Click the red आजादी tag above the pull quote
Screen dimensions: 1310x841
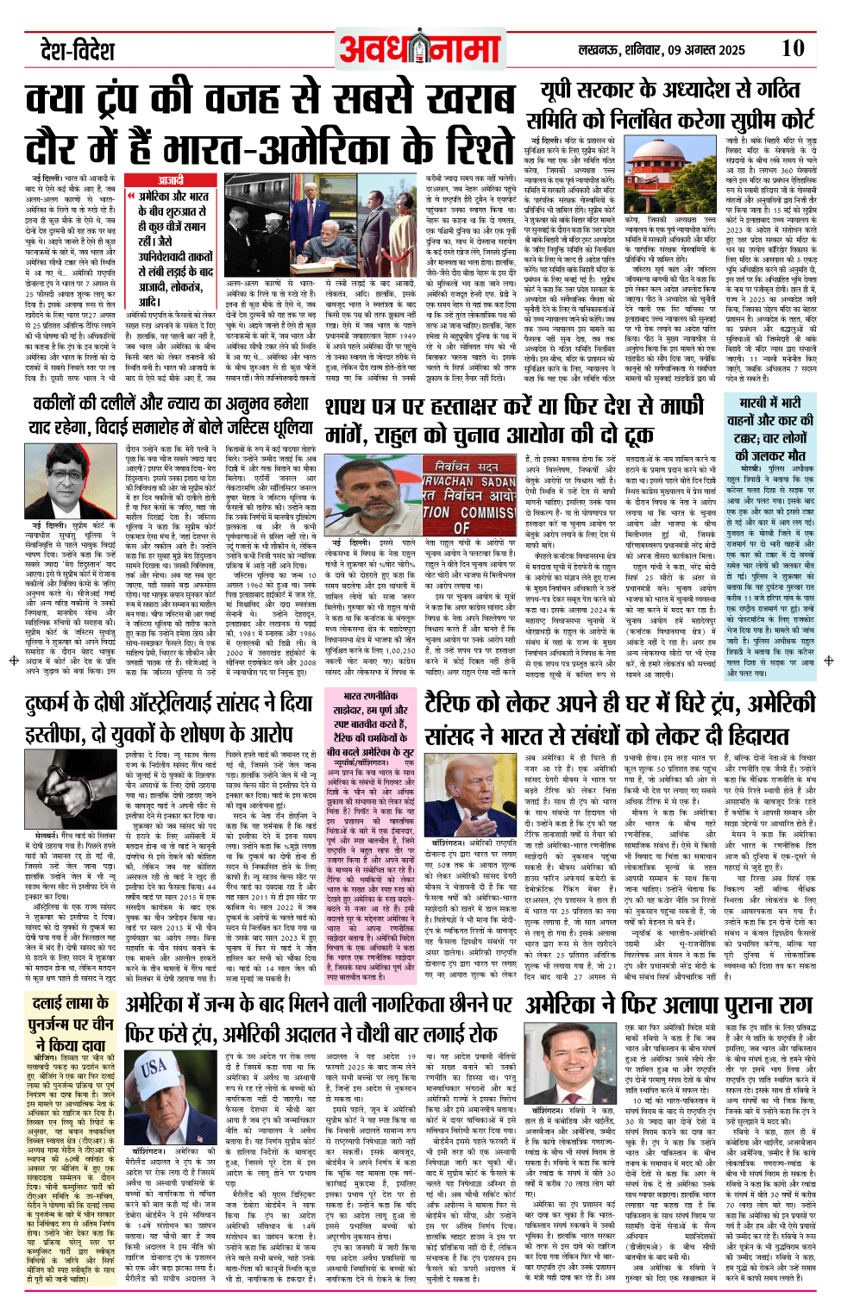[x=170, y=180]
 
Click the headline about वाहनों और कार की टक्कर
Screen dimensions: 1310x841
[x=769, y=429]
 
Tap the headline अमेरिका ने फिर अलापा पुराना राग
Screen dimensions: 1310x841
[x=669, y=1006]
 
